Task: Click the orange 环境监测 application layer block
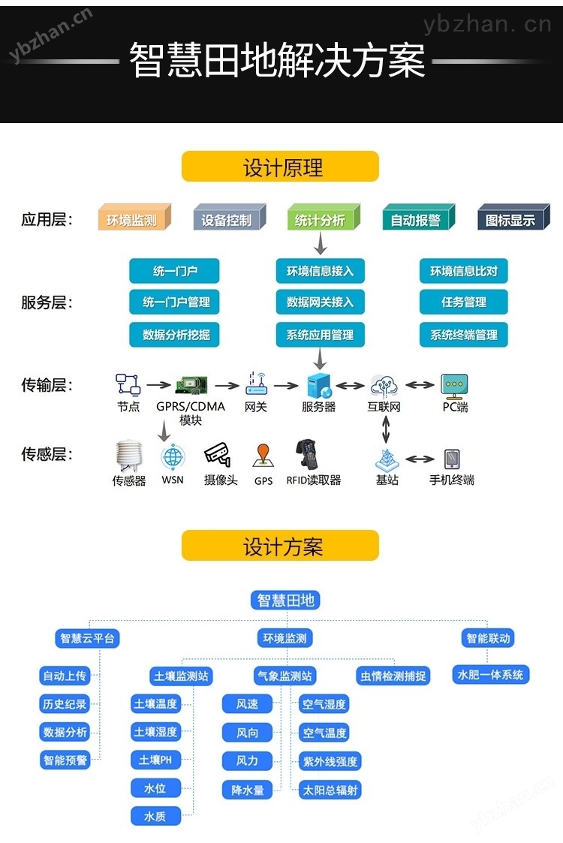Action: click(134, 218)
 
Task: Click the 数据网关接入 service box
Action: click(320, 303)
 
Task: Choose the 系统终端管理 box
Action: click(463, 335)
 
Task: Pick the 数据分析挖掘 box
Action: click(176, 335)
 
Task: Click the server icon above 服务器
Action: click(318, 385)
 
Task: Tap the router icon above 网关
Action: click(256, 384)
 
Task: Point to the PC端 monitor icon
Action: click(454, 385)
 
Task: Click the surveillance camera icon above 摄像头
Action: click(217, 455)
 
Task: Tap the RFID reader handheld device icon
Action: click(308, 455)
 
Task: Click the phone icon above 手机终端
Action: click(452, 458)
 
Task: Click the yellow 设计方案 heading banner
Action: click(281, 546)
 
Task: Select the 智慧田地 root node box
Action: click(285, 600)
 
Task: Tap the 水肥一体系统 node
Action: click(491, 674)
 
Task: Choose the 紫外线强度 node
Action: click(330, 761)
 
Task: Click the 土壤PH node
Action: click(155, 760)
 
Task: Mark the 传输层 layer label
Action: click(47, 385)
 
